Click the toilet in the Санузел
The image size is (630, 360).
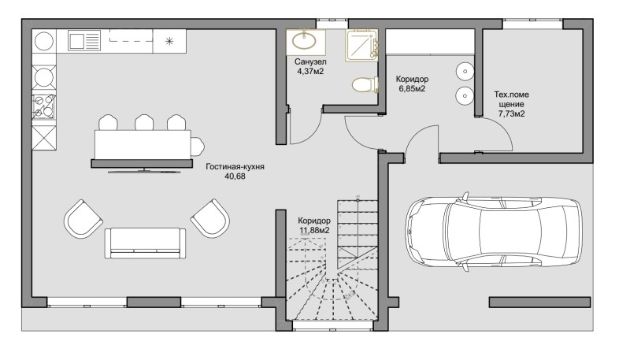pyautogui.click(x=365, y=85)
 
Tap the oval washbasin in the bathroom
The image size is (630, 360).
pyautogui.click(x=304, y=41)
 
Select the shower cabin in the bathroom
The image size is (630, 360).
pyautogui.click(x=361, y=46)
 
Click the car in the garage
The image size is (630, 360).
pyautogui.click(x=494, y=232)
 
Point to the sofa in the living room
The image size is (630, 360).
pyautogui.click(x=145, y=243)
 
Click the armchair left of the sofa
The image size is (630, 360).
pyautogui.click(x=83, y=219)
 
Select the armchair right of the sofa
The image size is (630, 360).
pyautogui.click(x=210, y=218)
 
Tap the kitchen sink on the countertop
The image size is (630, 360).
pyautogui.click(x=84, y=41)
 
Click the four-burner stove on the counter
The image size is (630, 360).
pyautogui.click(x=43, y=106)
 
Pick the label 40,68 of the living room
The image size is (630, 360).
pyautogui.click(x=235, y=176)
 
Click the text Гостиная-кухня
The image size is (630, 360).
pyautogui.click(x=235, y=166)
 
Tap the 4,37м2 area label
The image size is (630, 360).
pyautogui.click(x=310, y=72)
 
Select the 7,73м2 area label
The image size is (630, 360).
pyautogui.click(x=511, y=113)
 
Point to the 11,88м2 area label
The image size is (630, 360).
pyautogui.click(x=314, y=230)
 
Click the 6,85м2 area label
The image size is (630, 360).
pyautogui.click(x=412, y=89)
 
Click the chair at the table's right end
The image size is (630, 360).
pyautogui.click(x=198, y=147)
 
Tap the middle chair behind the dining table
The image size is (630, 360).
pyautogui.click(x=144, y=122)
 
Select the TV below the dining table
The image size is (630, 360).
pyautogui.click(x=144, y=171)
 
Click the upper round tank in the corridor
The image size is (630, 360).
pyautogui.click(x=465, y=72)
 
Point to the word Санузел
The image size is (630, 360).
pyautogui.click(x=310, y=62)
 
